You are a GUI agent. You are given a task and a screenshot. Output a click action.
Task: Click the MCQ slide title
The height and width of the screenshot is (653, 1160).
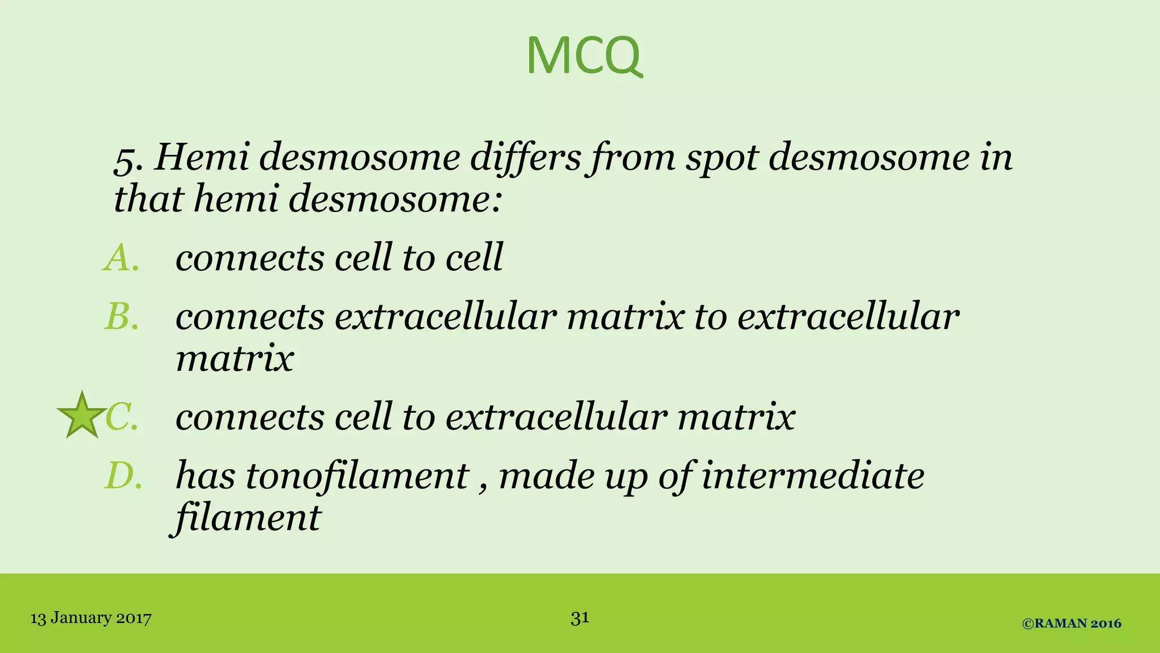(585, 56)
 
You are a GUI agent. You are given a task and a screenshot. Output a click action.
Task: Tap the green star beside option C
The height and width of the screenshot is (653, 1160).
(82, 416)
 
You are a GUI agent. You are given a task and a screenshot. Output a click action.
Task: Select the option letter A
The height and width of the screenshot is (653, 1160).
(121, 258)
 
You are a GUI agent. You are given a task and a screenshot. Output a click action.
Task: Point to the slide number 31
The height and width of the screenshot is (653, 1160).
(580, 617)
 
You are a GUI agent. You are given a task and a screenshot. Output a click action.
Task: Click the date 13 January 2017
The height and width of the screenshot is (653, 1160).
(91, 618)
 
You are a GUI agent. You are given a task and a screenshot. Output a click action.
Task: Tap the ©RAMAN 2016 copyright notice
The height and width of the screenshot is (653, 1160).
(1072, 624)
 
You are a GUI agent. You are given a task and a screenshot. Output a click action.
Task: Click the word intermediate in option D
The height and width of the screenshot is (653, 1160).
(813, 476)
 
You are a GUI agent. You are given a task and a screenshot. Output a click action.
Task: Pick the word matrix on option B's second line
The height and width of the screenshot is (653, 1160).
(234, 358)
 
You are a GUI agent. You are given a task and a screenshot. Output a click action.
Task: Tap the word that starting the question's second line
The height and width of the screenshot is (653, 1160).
(148, 200)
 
